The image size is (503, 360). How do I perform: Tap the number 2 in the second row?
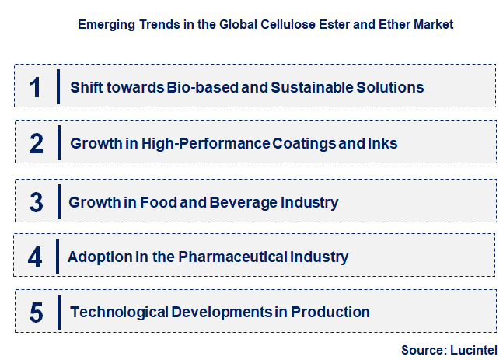pyautogui.click(x=37, y=143)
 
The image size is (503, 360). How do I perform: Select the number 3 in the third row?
pyautogui.click(x=37, y=202)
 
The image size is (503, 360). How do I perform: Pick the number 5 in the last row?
pyautogui.click(x=37, y=313)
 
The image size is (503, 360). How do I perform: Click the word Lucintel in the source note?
pyautogui.click(x=472, y=350)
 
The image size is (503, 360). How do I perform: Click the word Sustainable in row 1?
pyautogui.click(x=308, y=87)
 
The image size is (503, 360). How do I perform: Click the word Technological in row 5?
pyautogui.click(x=119, y=313)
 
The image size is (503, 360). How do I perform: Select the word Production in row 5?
pyautogui.click(x=331, y=313)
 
